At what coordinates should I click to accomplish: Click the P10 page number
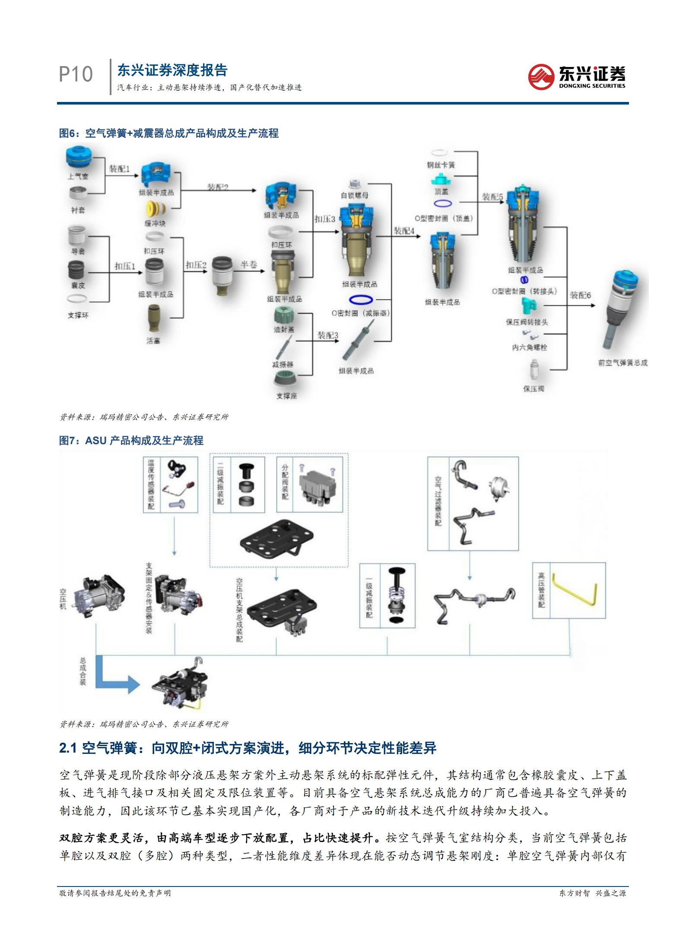pos(76,74)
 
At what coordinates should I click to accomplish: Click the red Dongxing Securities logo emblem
pos(541,77)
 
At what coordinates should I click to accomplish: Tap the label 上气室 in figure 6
pos(78,176)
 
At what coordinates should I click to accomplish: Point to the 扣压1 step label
pos(124,266)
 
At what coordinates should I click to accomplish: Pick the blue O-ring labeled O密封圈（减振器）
pos(361,299)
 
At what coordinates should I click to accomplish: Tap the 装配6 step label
pos(580,295)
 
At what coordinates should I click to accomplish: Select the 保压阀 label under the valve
pos(534,389)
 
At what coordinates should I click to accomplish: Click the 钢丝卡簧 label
pos(441,165)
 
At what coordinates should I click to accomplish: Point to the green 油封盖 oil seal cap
pos(284,315)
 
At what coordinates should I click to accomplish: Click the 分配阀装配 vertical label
pos(285,482)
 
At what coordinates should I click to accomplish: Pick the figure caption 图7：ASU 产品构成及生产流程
pos(131,441)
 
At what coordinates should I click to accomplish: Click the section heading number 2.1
pos(68,748)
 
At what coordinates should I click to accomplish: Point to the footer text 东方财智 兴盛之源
pos(592,893)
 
